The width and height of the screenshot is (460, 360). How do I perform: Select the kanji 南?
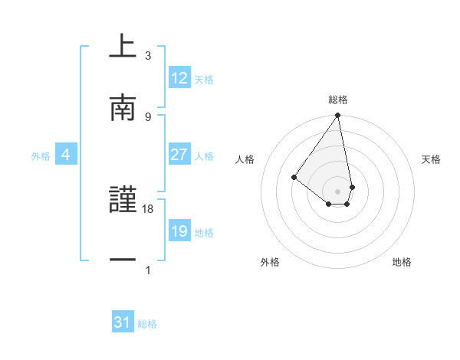point(123,109)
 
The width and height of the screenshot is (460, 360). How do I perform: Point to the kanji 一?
point(123,261)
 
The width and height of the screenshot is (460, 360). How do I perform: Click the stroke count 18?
point(148,208)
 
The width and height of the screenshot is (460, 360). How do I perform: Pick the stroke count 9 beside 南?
point(148,116)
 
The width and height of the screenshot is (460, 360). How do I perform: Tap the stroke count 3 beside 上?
point(148,56)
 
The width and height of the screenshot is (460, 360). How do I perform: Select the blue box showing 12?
point(179,78)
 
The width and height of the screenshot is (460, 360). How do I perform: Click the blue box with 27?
point(179,155)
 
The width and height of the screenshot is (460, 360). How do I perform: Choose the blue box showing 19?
point(179,231)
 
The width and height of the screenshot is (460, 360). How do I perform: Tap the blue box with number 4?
point(66,155)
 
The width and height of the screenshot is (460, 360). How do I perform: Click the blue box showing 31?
point(123,323)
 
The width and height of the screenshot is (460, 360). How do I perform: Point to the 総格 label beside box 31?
point(147,324)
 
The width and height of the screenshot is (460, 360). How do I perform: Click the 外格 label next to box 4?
point(41,155)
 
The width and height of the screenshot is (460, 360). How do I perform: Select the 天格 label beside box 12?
point(204,79)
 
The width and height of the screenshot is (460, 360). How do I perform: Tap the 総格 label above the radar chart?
point(337,100)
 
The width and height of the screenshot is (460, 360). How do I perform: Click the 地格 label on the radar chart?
point(402,262)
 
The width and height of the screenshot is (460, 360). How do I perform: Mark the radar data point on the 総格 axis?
point(337,116)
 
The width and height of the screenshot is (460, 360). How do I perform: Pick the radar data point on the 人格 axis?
point(294,177)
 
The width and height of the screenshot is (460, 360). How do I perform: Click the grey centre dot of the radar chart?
point(337,191)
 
